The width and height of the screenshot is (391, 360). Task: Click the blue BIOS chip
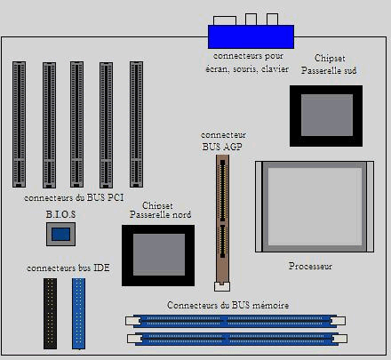click(60, 234)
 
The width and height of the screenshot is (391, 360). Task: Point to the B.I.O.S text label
click(61, 215)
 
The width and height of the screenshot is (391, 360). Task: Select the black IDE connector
click(50, 312)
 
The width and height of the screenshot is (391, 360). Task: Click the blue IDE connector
click(78, 312)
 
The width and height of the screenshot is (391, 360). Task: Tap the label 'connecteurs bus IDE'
click(68, 267)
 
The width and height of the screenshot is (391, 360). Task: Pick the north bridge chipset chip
click(157, 255)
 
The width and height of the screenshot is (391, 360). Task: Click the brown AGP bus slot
click(222, 218)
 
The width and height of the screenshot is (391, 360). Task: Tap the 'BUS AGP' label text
click(221, 144)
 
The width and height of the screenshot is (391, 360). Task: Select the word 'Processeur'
click(310, 266)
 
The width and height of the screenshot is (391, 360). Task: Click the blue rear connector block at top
click(251, 36)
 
